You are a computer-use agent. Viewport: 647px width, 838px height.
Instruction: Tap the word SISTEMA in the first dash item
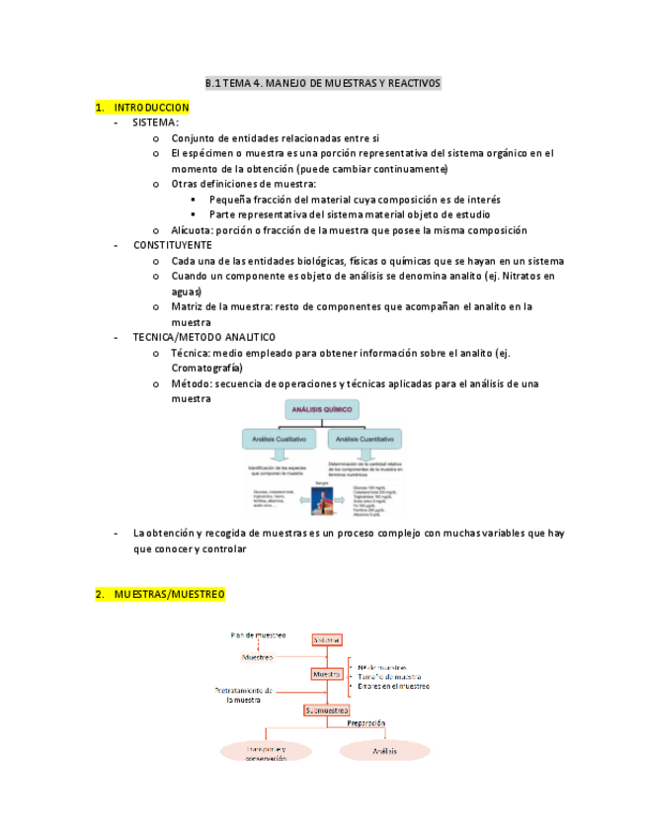click(x=155, y=123)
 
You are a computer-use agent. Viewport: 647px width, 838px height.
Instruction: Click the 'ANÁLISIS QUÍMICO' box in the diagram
click(x=322, y=409)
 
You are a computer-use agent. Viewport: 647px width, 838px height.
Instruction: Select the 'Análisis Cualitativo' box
click(x=279, y=437)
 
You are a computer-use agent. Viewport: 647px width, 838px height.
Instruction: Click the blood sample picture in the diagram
click(x=321, y=498)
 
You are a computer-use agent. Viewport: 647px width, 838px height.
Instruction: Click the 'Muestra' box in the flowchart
click(x=327, y=674)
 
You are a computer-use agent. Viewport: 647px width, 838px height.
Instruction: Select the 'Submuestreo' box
click(x=327, y=710)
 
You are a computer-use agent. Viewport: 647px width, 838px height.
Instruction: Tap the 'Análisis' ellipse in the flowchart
click(x=384, y=752)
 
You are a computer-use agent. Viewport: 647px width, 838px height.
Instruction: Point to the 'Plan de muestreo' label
click(x=258, y=634)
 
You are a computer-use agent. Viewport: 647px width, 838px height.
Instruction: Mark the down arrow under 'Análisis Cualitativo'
click(x=280, y=454)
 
